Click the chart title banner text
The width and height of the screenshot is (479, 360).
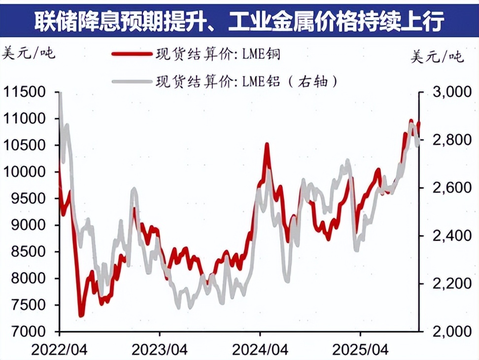(239, 21)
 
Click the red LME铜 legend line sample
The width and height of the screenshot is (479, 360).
(131, 54)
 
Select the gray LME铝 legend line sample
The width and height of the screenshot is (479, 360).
(131, 81)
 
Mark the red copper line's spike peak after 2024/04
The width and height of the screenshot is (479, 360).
(267, 144)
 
